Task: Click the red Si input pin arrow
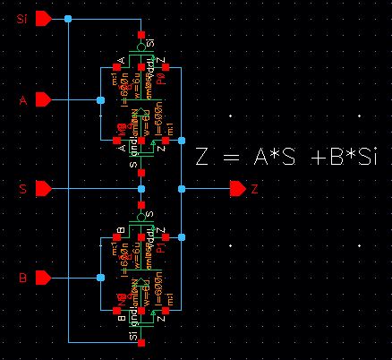(x=42, y=18)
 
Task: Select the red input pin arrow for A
(x=42, y=99)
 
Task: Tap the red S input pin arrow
(x=42, y=189)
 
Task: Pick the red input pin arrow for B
(x=42, y=279)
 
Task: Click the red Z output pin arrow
(x=237, y=189)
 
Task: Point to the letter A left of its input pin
(x=24, y=100)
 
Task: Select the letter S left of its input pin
(x=24, y=190)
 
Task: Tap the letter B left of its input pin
(x=24, y=279)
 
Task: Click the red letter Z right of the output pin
(x=255, y=190)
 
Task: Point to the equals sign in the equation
(x=229, y=159)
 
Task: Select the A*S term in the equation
(x=274, y=159)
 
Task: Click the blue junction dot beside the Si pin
(x=69, y=18)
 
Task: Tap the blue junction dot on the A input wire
(x=100, y=99)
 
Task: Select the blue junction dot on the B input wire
(x=100, y=279)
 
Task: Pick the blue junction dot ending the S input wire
(x=141, y=189)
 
